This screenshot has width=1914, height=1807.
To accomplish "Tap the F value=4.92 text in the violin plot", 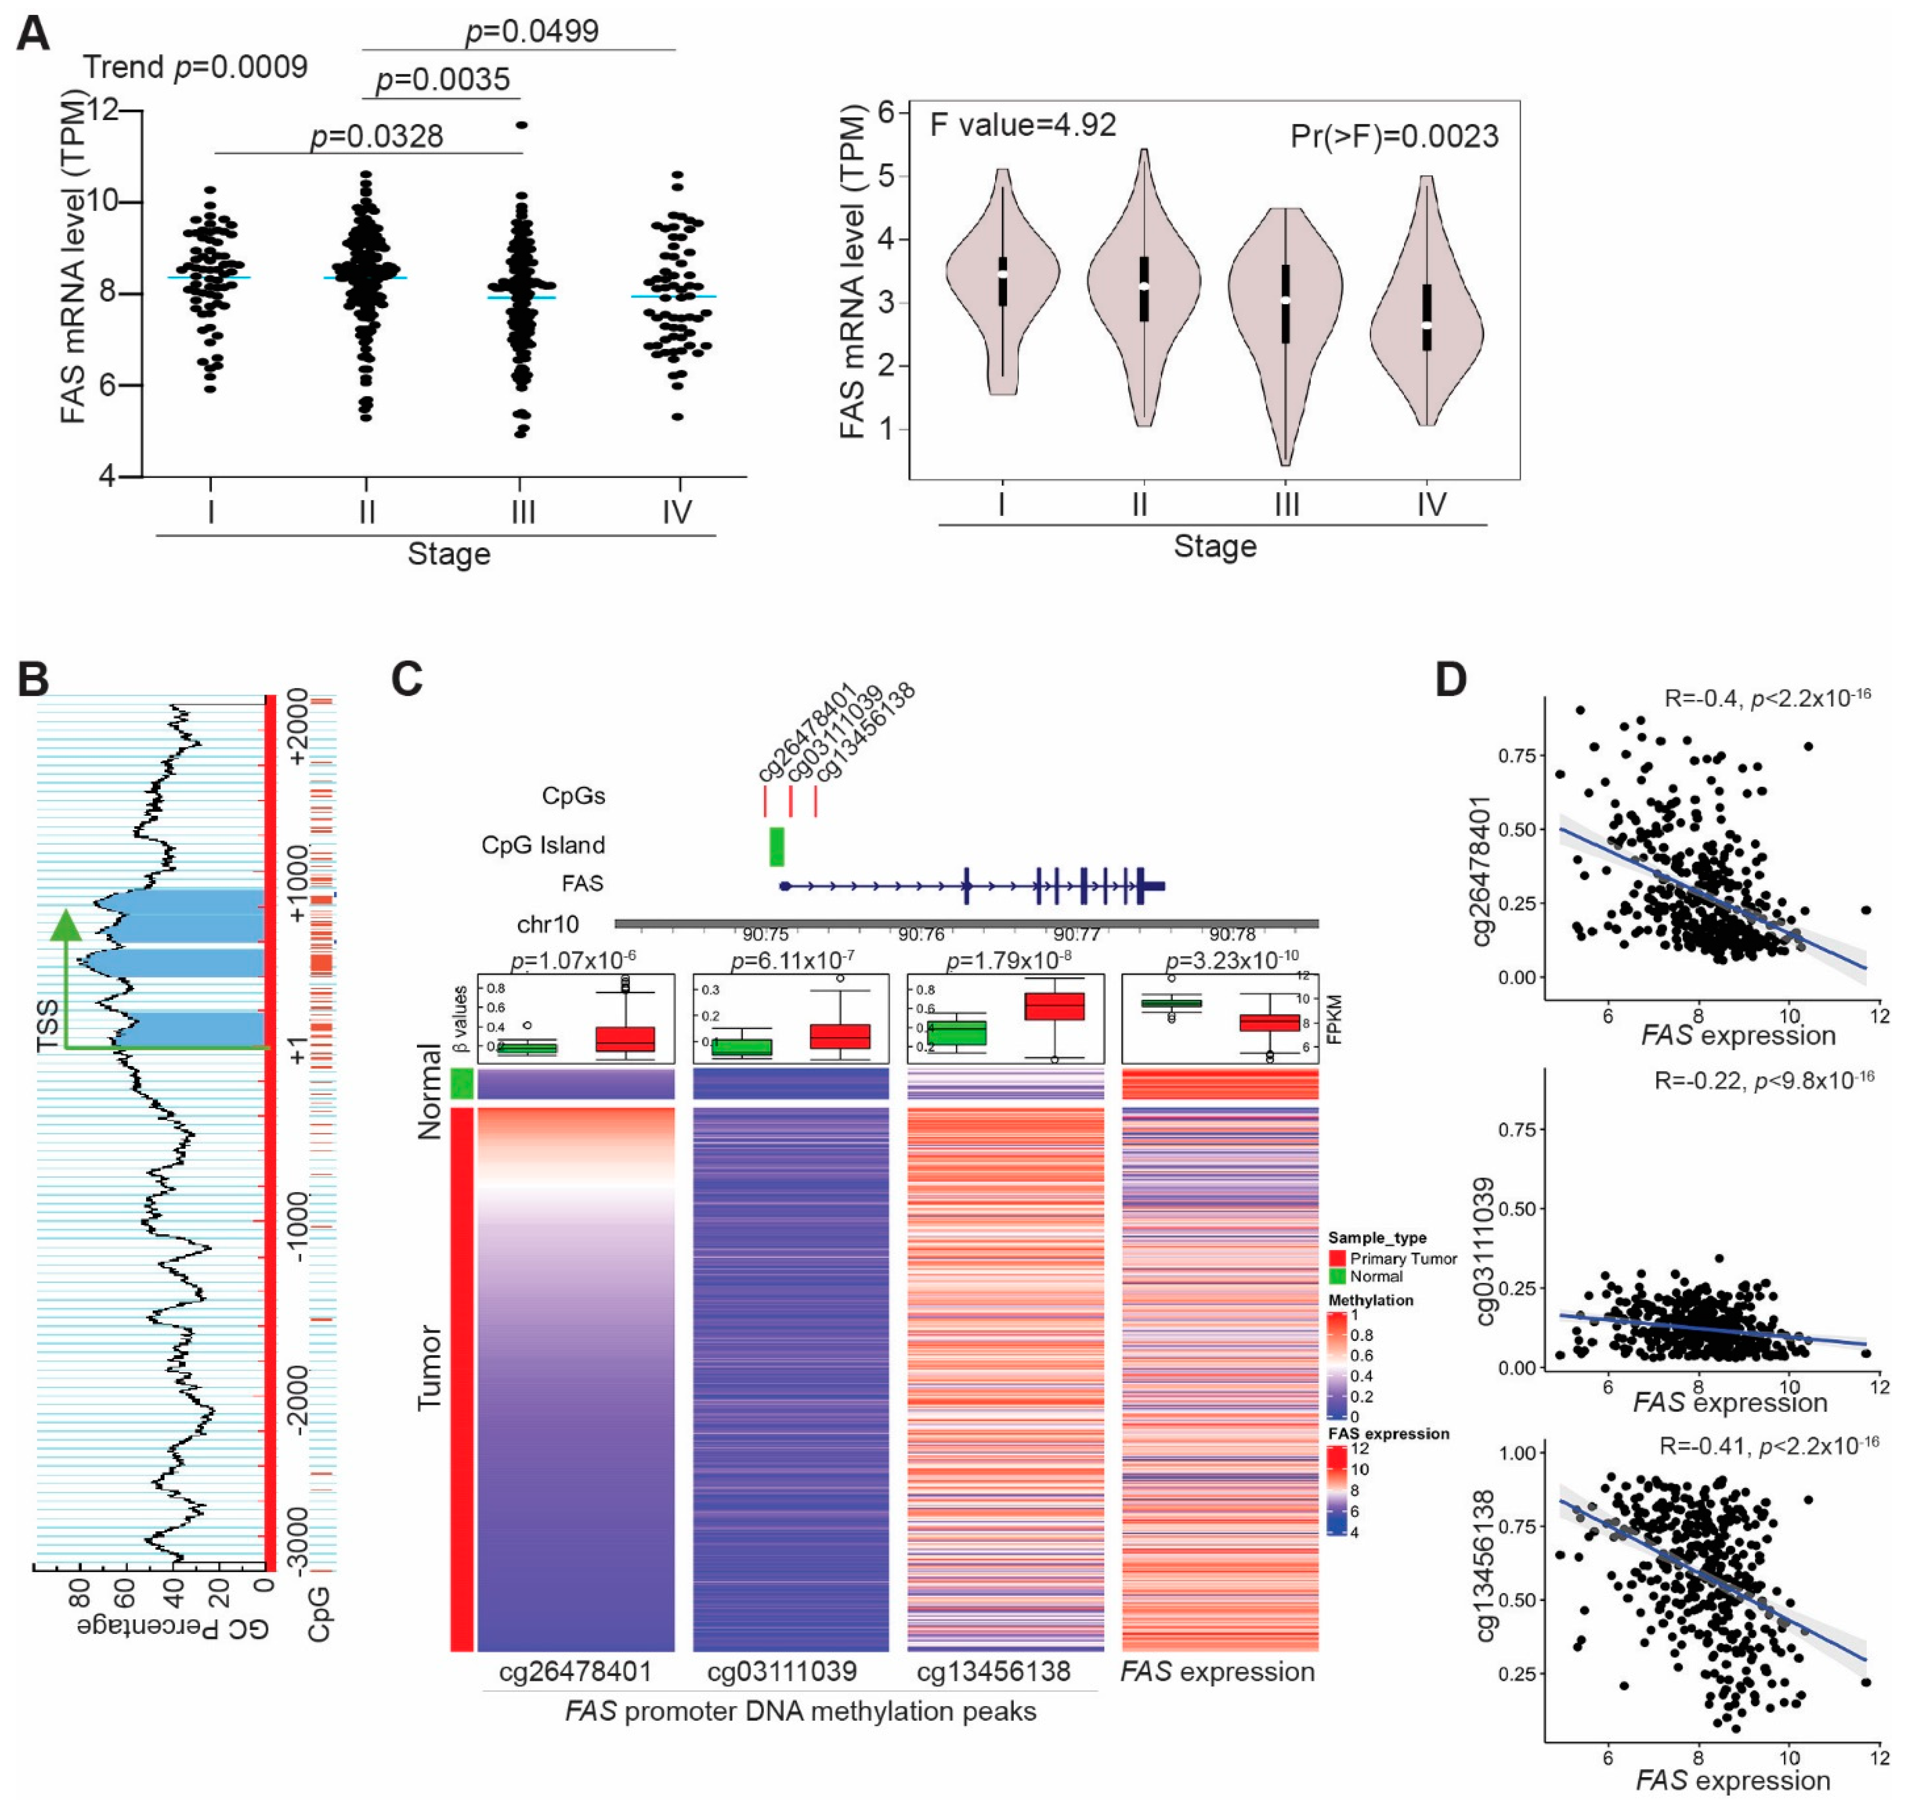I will pos(1022,125).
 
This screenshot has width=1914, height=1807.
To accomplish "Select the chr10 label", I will pos(548,925).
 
